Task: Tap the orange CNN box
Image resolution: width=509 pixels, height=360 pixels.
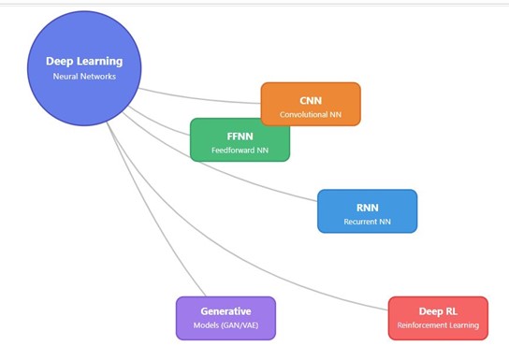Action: point(310,104)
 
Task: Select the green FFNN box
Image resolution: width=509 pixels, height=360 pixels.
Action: point(240,139)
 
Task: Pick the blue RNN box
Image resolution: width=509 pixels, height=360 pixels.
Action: point(367,211)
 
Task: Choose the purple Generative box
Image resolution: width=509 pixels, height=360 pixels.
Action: point(225,318)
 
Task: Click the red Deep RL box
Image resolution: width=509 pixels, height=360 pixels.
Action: point(438,318)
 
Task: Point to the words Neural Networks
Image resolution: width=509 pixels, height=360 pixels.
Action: point(84,77)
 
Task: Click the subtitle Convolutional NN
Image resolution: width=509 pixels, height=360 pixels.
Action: point(310,116)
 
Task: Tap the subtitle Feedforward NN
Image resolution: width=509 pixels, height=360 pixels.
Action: point(240,151)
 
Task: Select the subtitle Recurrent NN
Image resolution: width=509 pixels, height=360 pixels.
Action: point(367,223)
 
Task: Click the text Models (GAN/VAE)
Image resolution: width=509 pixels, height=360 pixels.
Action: point(225,326)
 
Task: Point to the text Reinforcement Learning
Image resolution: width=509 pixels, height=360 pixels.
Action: point(438,326)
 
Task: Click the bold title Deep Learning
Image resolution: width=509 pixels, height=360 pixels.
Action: point(84,62)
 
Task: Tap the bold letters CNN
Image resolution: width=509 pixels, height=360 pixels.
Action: point(310,99)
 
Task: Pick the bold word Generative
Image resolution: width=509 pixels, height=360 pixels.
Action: point(225,310)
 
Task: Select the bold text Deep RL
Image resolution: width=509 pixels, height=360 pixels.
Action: point(438,310)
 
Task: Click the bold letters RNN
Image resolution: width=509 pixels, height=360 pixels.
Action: point(367,207)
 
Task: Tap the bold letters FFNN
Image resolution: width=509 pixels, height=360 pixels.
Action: point(240,135)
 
